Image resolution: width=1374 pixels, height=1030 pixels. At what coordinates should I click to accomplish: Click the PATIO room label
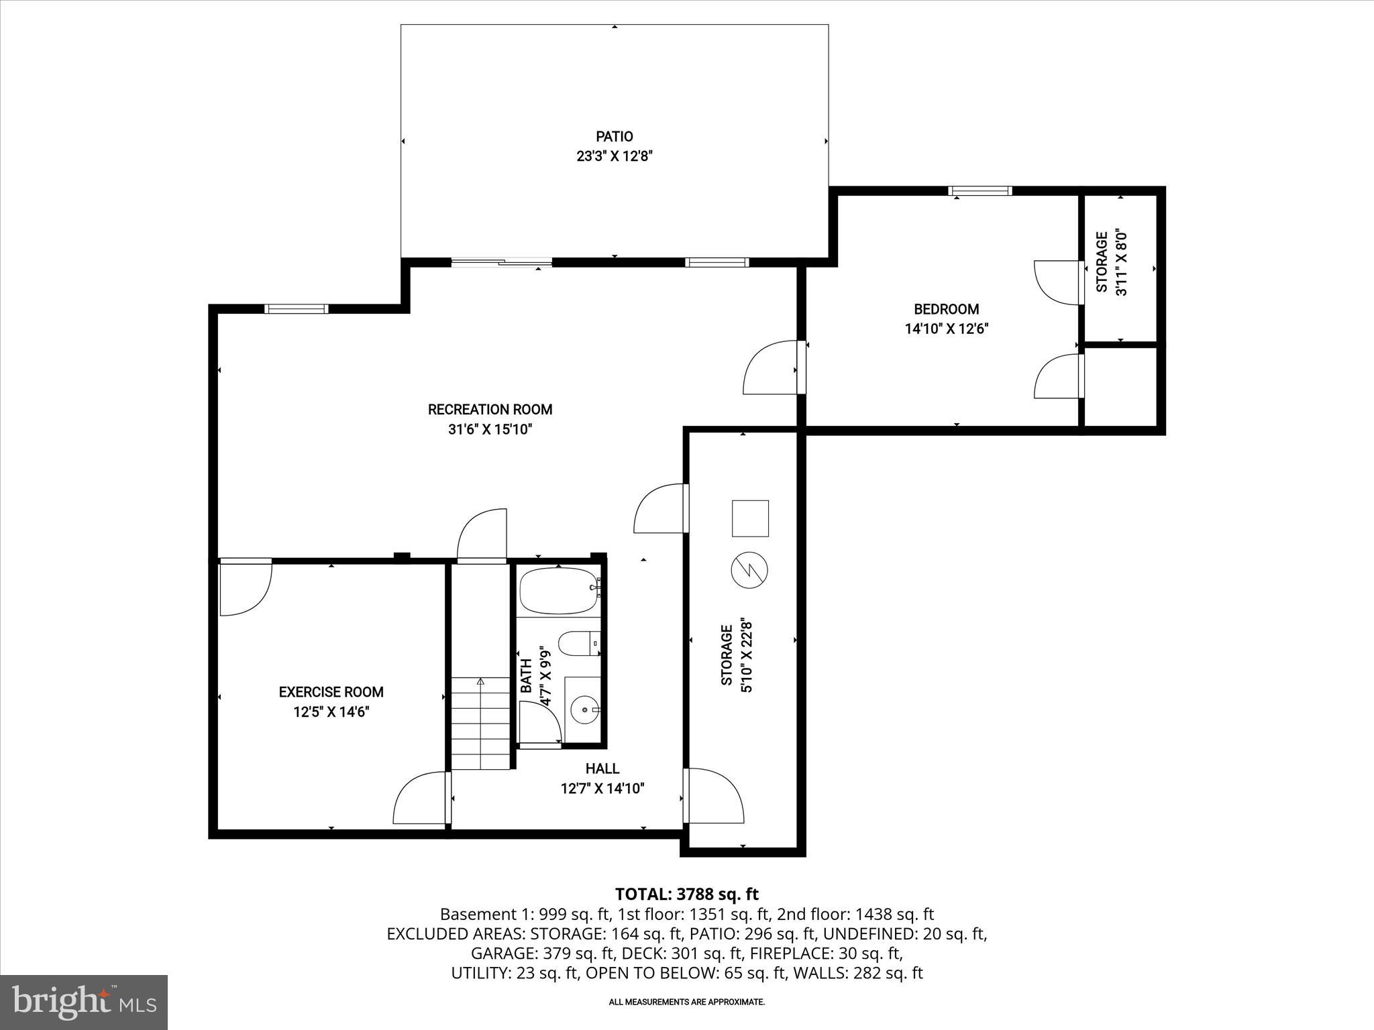click(614, 137)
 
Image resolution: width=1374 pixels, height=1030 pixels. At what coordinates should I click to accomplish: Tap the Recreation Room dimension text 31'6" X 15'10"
click(490, 429)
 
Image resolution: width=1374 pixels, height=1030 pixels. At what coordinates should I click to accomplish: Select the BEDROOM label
click(946, 309)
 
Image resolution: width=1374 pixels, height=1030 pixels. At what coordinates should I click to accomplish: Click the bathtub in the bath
click(558, 591)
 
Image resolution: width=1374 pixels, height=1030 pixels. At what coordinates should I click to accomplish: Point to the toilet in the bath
click(577, 644)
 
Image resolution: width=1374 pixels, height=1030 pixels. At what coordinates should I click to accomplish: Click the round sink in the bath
click(586, 709)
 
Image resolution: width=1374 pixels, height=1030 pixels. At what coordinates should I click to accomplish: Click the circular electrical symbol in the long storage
click(749, 570)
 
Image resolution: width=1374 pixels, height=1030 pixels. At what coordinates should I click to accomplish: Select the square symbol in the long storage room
click(750, 518)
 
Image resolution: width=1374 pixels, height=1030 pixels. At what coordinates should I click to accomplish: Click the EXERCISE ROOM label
click(331, 692)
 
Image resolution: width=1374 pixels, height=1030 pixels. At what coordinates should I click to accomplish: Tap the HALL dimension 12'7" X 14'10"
click(602, 789)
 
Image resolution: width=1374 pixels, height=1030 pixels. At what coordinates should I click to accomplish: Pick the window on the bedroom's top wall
click(980, 191)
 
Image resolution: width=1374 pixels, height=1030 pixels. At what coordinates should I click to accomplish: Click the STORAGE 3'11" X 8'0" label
click(1111, 263)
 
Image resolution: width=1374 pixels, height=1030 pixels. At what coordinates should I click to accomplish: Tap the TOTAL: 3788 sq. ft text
click(686, 894)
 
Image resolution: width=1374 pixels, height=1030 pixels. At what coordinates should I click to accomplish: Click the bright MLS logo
click(84, 1002)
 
